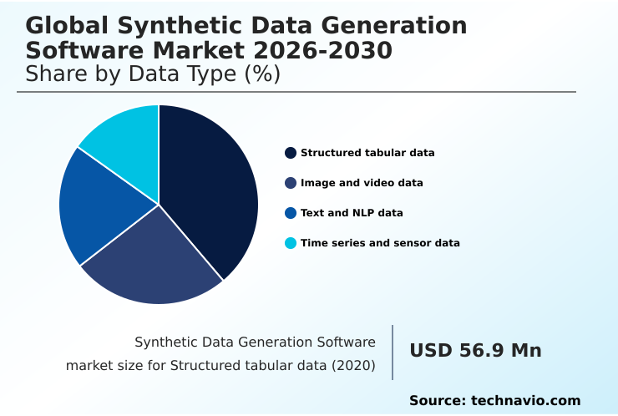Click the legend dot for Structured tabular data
[x=291, y=153]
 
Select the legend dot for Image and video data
[x=291, y=183]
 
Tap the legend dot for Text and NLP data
[x=291, y=213]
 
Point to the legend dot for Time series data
[x=291, y=243]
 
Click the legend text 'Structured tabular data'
[x=367, y=153]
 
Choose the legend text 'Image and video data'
[x=362, y=183]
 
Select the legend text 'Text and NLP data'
[x=352, y=213]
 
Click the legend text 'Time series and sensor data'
[x=380, y=243]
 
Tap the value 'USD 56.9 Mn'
[x=475, y=351]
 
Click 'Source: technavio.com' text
[x=494, y=401]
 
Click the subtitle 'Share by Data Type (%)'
[x=153, y=74]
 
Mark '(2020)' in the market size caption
[x=352, y=365]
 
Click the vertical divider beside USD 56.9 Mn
[x=393, y=353]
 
